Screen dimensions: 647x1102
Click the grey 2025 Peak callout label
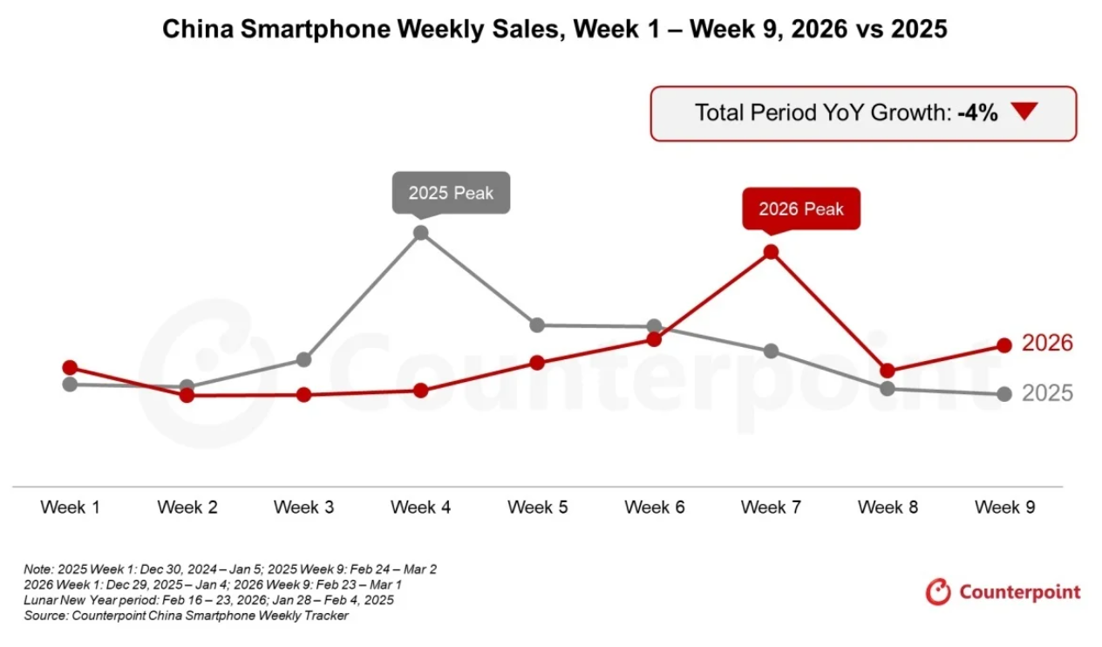click(x=451, y=192)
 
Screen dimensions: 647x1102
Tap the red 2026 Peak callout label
click(x=800, y=208)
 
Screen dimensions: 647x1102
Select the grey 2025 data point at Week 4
click(x=421, y=233)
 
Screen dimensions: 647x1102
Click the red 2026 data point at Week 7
click(x=771, y=252)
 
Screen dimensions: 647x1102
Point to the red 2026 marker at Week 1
click(x=71, y=367)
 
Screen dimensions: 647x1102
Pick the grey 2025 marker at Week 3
click(x=304, y=359)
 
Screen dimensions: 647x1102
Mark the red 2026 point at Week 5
click(x=537, y=363)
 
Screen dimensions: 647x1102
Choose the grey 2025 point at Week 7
click(x=771, y=351)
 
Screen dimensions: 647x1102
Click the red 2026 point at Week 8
click(x=888, y=371)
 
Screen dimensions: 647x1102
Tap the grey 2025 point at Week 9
click(x=1004, y=394)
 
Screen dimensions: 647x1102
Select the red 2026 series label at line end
click(x=1047, y=344)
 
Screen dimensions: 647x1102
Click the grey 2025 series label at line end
click(x=1047, y=393)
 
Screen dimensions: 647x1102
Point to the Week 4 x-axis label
click(x=421, y=507)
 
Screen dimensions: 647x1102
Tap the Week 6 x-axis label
click(x=654, y=507)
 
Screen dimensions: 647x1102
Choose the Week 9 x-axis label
click(x=1004, y=507)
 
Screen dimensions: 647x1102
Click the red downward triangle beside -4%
click(x=1025, y=112)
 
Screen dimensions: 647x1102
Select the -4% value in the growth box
click(x=976, y=112)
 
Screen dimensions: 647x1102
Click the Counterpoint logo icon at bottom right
click(x=938, y=592)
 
